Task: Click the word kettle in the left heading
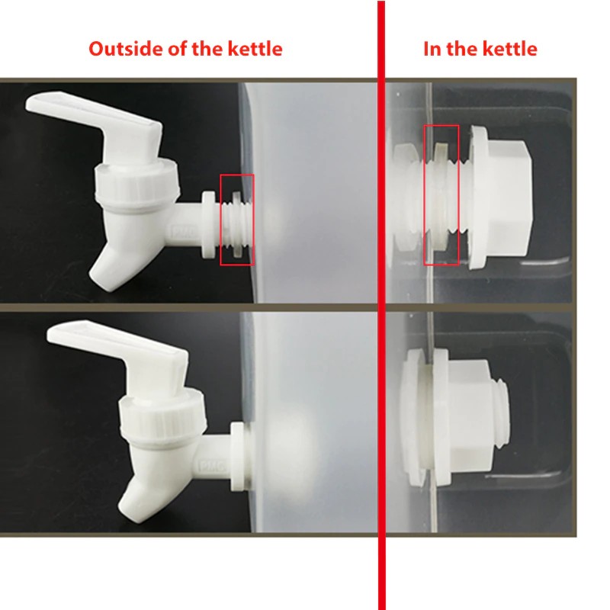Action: (x=255, y=49)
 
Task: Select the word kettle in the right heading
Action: (x=509, y=49)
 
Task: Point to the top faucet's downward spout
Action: (x=113, y=261)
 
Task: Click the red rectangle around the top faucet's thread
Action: (x=220, y=220)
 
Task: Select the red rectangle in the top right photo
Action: (x=424, y=194)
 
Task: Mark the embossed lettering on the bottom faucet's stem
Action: (x=213, y=466)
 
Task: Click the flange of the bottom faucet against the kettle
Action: (x=238, y=456)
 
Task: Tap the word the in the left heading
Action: (x=207, y=49)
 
